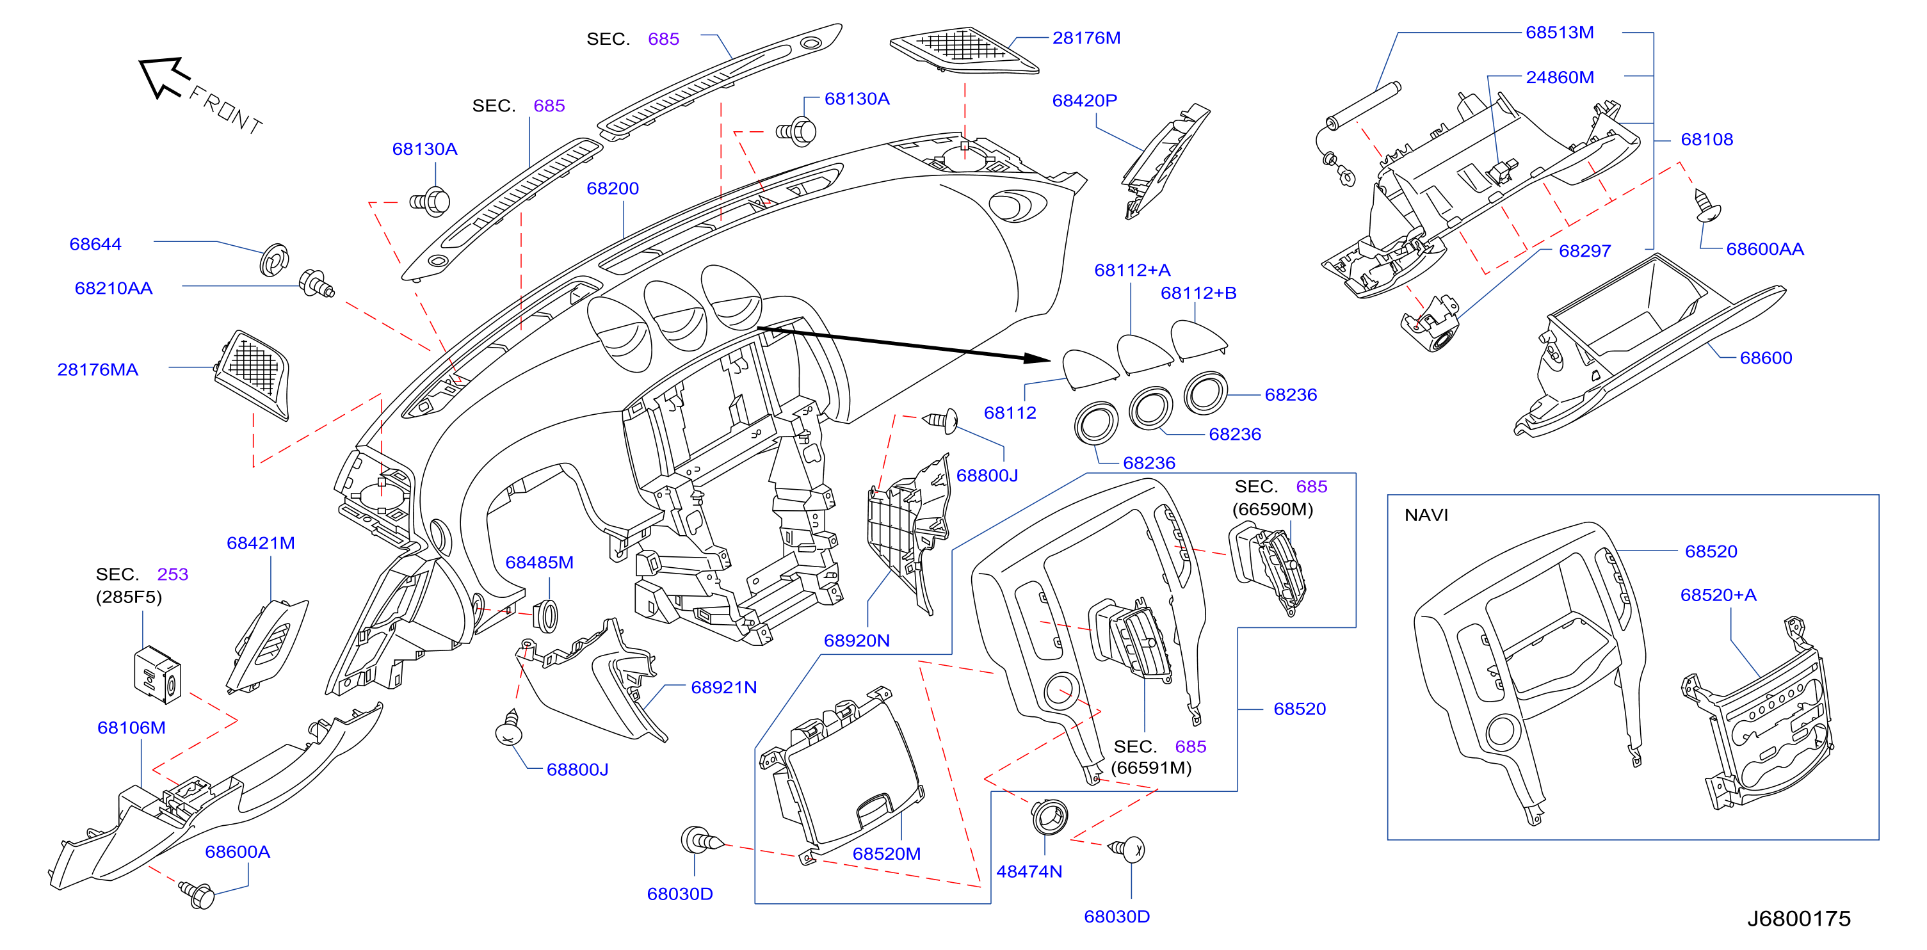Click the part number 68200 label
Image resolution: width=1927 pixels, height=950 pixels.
pos(612,188)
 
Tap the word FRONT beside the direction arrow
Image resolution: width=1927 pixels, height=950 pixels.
pos(226,110)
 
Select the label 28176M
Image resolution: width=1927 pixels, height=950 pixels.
pos(1086,38)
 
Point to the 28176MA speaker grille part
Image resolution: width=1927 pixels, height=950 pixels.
pos(252,374)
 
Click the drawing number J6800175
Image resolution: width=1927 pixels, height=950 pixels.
pos(1799,919)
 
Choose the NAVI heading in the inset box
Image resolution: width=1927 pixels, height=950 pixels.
pos(1426,515)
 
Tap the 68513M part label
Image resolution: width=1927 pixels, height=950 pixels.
pos(1560,33)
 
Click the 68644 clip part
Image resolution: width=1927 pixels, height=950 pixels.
pos(275,259)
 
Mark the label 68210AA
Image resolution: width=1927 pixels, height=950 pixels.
pos(114,289)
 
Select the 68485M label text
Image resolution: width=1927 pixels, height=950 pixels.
pos(539,563)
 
